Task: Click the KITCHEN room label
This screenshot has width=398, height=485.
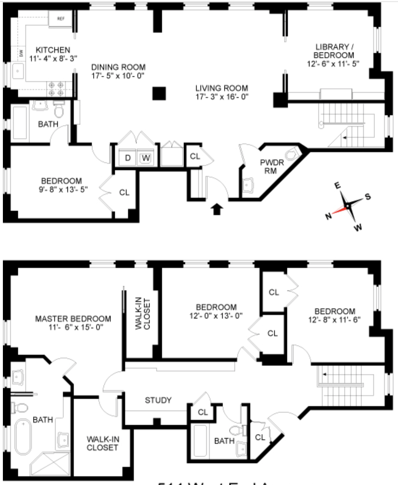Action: [53, 50]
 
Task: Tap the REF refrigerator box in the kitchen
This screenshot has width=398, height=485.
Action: [61, 19]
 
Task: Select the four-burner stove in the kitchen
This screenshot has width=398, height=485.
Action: [56, 89]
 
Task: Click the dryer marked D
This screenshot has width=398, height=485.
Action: [128, 158]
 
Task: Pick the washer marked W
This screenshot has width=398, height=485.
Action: [146, 158]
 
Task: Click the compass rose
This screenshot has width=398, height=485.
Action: [348, 206]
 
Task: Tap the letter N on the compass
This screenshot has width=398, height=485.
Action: [328, 216]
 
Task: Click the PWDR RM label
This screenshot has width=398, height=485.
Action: [272, 166]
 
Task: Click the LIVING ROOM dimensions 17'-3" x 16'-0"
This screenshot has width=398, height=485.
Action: [222, 97]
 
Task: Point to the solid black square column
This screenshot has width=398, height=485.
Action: [159, 93]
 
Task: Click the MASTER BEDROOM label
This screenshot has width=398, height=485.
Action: [73, 319]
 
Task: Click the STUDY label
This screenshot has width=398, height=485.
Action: [158, 400]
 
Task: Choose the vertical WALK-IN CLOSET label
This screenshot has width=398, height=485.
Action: [143, 314]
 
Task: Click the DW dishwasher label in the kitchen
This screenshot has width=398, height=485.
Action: [21, 53]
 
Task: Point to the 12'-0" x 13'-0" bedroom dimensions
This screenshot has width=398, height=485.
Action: [216, 316]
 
